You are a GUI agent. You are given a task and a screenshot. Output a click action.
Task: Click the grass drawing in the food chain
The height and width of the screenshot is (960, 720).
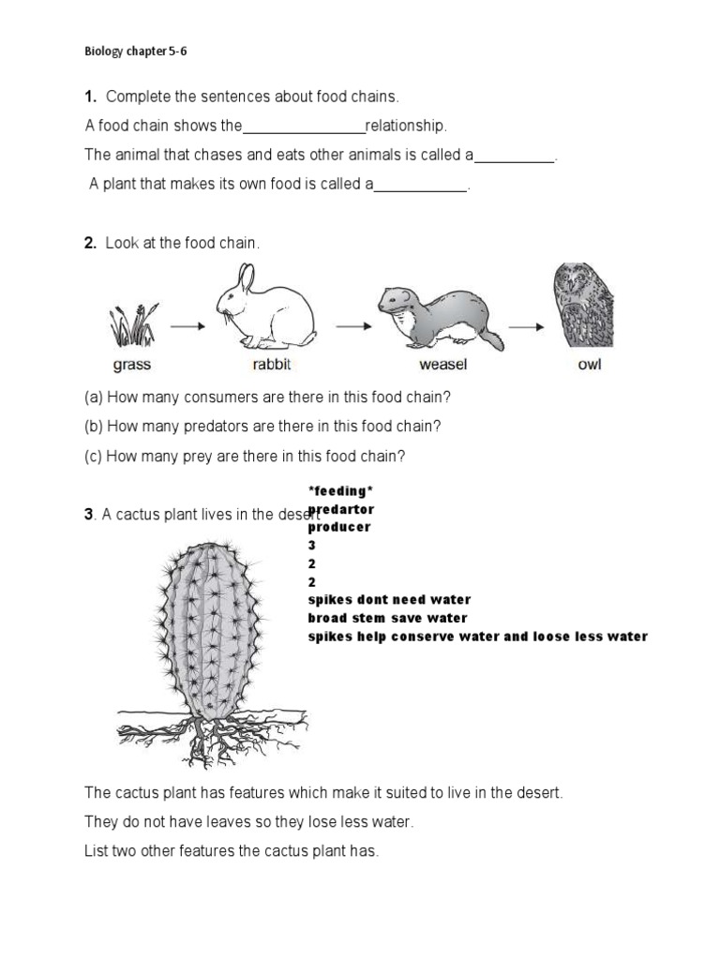click(x=131, y=325)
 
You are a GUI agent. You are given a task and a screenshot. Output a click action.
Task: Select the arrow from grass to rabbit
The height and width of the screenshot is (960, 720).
click(x=188, y=326)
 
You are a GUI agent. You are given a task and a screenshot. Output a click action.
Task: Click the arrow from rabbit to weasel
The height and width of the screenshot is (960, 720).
click(x=353, y=326)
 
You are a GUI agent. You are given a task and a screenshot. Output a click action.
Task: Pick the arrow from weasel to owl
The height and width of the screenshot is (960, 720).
click(x=527, y=326)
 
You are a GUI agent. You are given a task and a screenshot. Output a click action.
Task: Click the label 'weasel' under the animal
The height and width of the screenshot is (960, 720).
click(x=443, y=365)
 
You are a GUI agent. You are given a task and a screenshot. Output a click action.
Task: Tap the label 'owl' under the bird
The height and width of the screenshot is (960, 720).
click(x=589, y=365)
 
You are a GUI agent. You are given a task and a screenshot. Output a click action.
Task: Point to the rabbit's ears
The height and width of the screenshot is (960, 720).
click(x=246, y=277)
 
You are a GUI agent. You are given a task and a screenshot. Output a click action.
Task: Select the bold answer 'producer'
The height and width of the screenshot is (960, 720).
click(x=339, y=528)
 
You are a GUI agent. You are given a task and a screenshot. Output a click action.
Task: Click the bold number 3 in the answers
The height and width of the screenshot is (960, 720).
click(x=312, y=546)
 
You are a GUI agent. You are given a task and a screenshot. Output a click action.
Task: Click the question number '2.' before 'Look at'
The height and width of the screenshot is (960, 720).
click(x=91, y=244)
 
